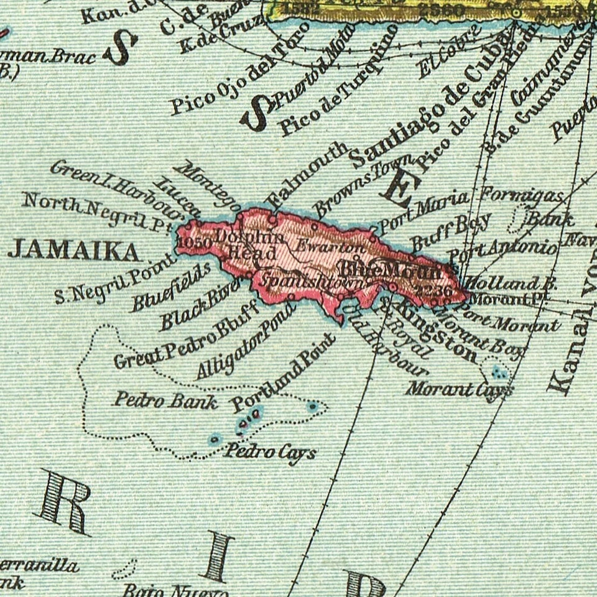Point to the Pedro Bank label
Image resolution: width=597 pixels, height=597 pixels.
click(x=165, y=401)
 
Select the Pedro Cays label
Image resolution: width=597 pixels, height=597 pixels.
click(x=270, y=452)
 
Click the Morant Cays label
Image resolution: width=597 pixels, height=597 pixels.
click(x=460, y=389)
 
